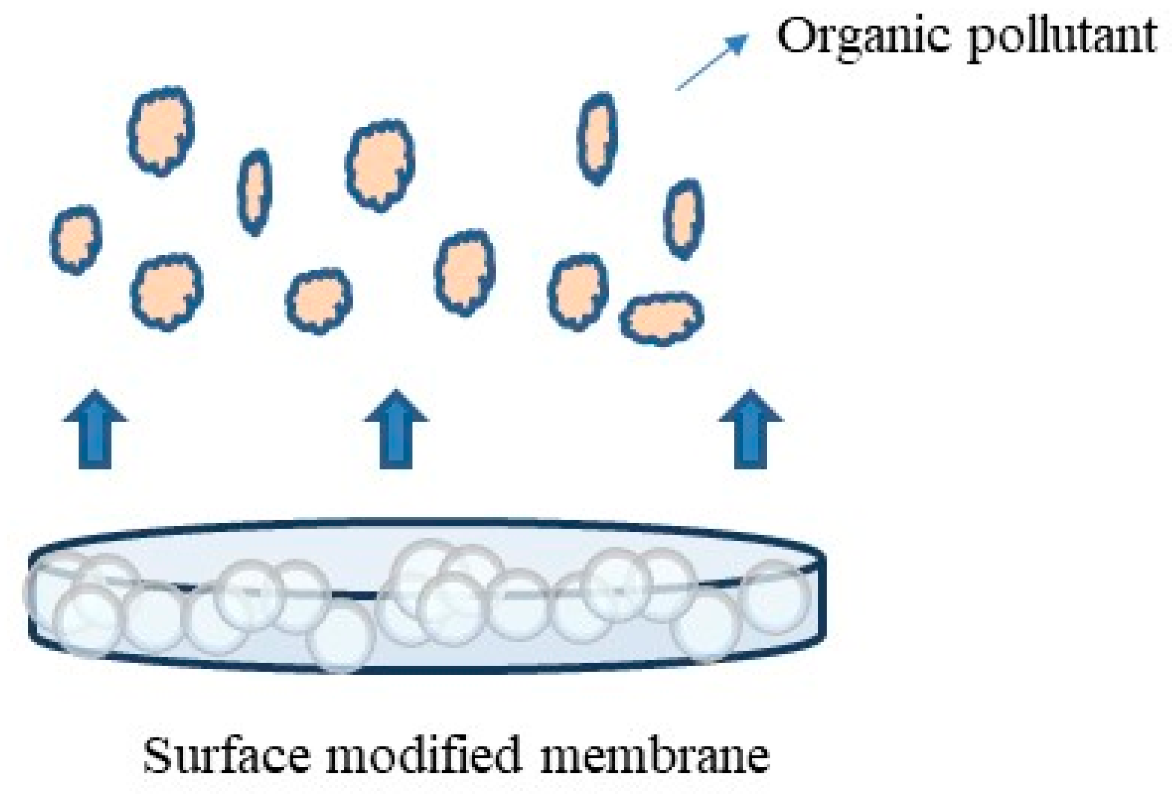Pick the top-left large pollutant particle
161,131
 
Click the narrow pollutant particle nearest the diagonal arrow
597,138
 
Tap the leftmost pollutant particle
76,240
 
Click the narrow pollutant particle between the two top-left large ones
255,192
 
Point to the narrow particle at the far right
683,219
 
